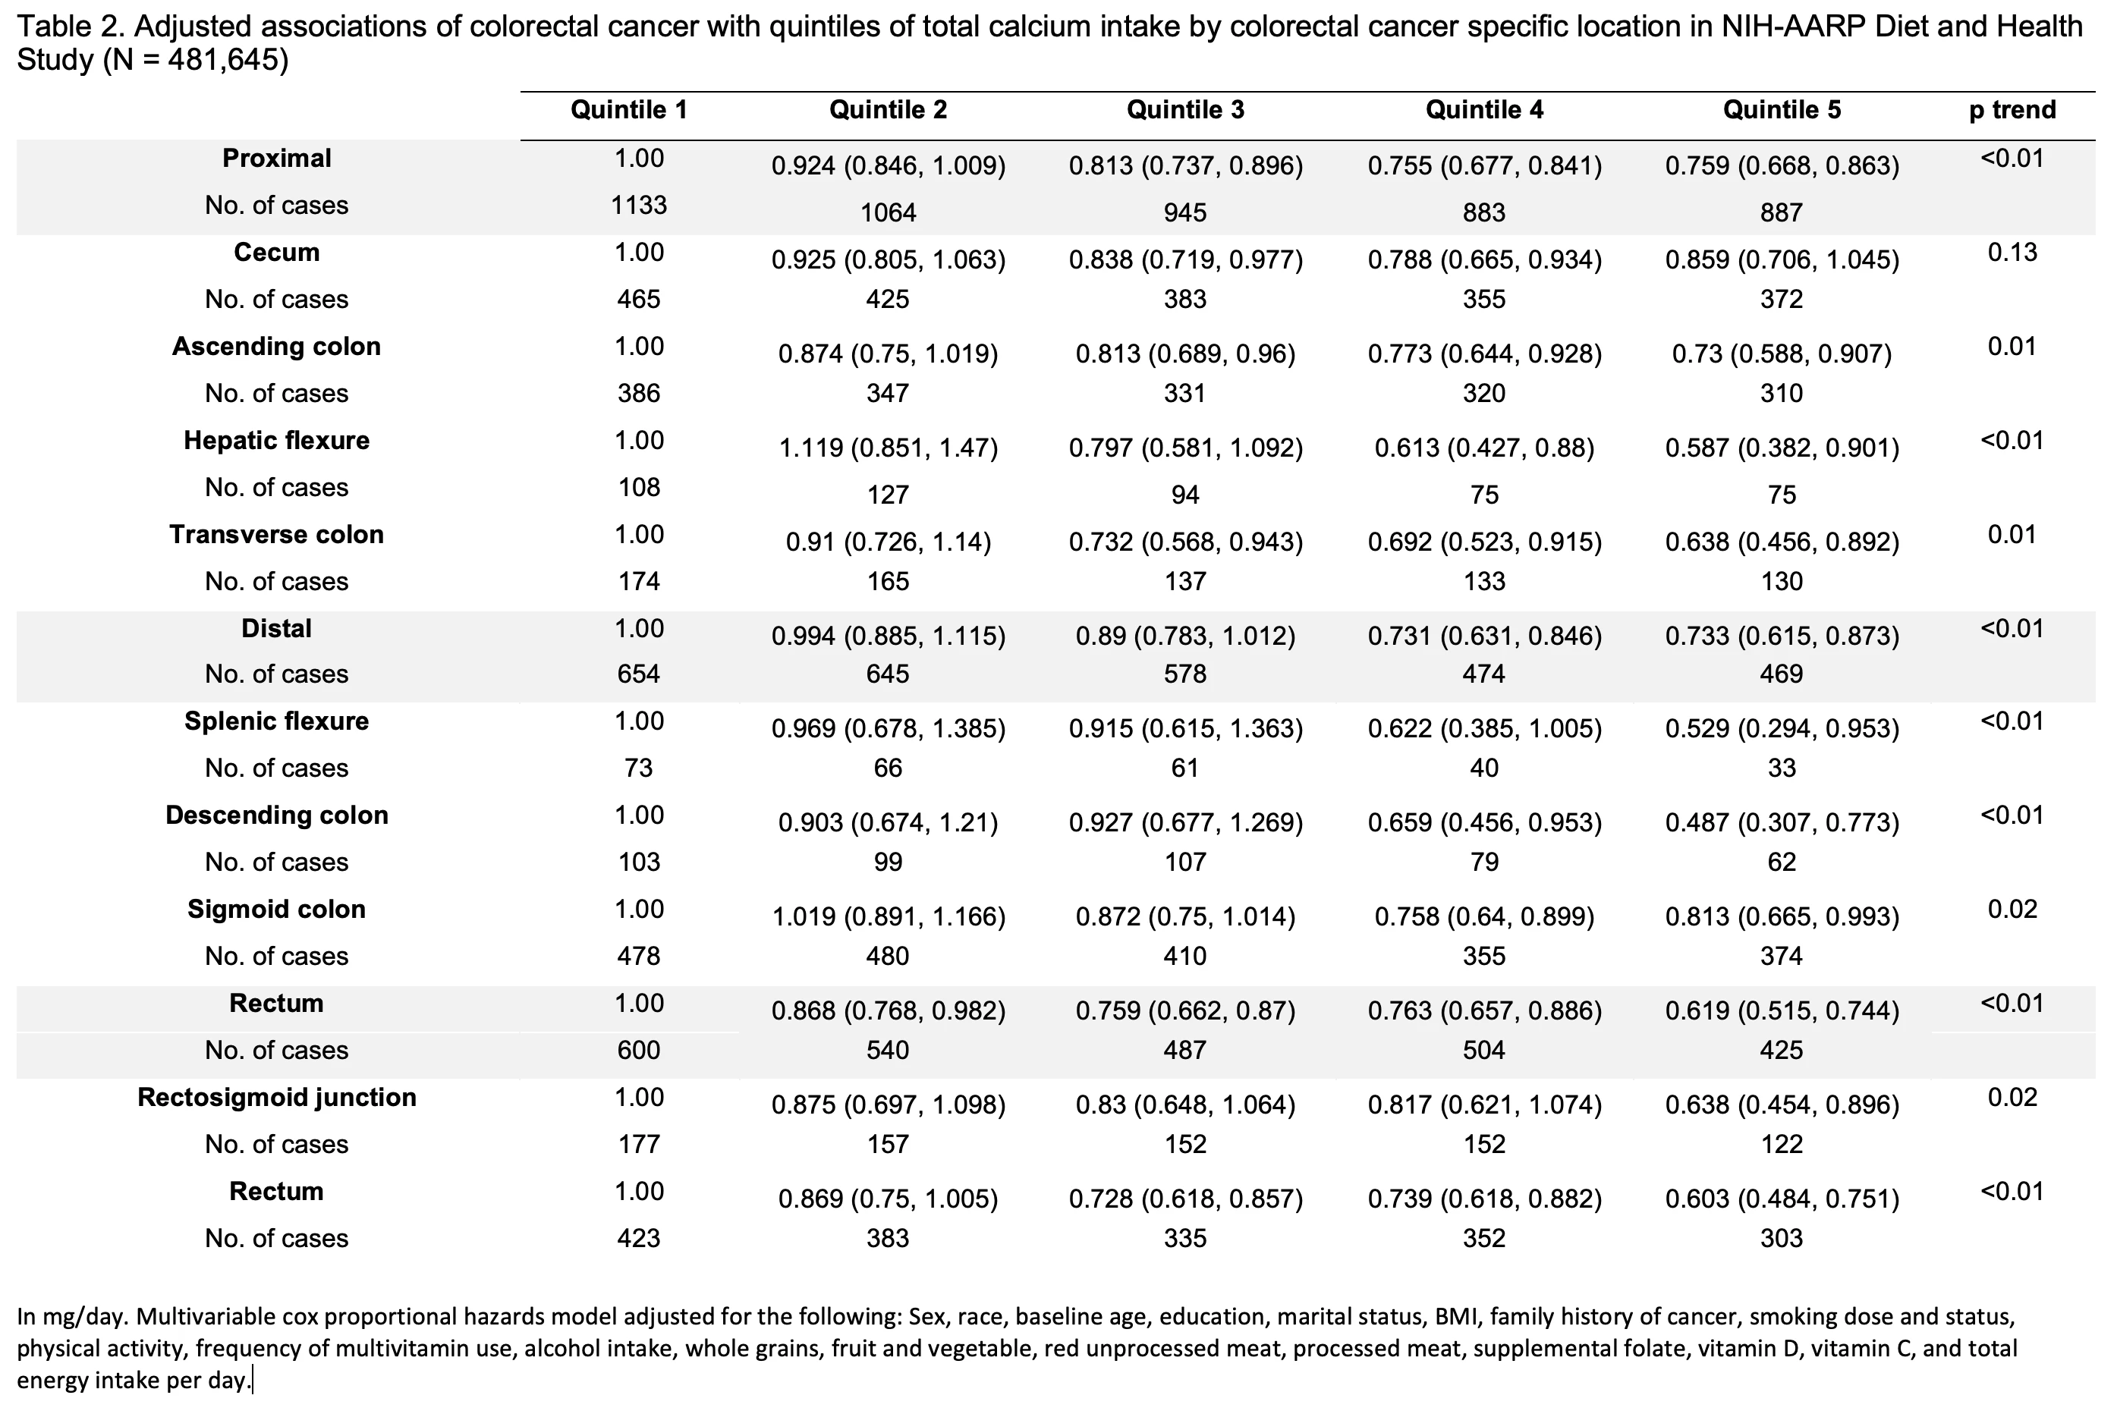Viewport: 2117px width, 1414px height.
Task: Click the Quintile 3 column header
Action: [1185, 110]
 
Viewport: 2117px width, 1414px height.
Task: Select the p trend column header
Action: [2012, 110]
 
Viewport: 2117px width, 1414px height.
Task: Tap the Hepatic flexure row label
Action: [277, 440]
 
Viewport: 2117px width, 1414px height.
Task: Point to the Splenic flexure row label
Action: [277, 721]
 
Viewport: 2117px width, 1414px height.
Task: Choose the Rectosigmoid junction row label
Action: [277, 1098]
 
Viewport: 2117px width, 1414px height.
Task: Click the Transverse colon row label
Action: [277, 535]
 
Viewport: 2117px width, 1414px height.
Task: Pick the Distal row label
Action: [277, 629]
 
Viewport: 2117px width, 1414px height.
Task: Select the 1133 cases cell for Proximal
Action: [639, 206]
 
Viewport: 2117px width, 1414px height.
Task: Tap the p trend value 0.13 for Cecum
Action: [2012, 253]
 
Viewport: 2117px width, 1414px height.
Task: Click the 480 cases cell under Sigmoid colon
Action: [888, 956]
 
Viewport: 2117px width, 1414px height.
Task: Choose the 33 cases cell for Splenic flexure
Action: [1782, 768]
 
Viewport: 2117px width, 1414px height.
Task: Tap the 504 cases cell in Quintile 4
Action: [1483, 1051]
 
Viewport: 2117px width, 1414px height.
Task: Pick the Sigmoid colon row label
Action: [277, 909]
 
